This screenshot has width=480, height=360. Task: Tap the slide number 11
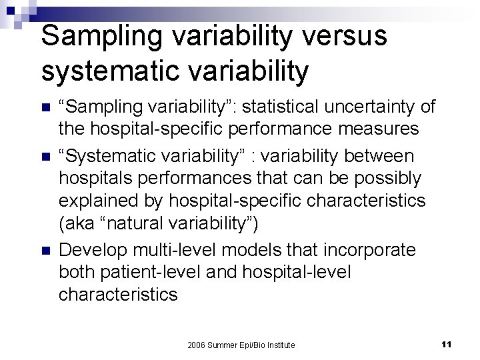tap(447, 344)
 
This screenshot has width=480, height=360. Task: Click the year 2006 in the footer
tap(197, 345)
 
